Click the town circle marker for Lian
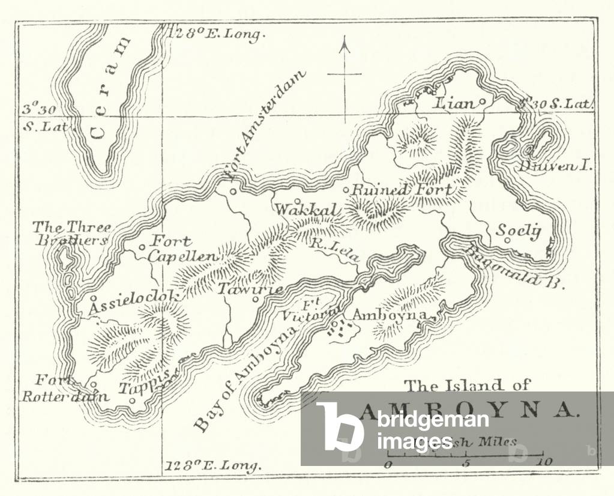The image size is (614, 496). click(482, 101)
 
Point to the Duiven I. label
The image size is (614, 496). click(556, 165)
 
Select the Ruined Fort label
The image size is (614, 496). click(402, 190)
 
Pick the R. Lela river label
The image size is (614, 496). click(334, 250)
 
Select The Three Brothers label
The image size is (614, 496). click(71, 234)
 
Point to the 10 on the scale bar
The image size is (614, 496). click(545, 463)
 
